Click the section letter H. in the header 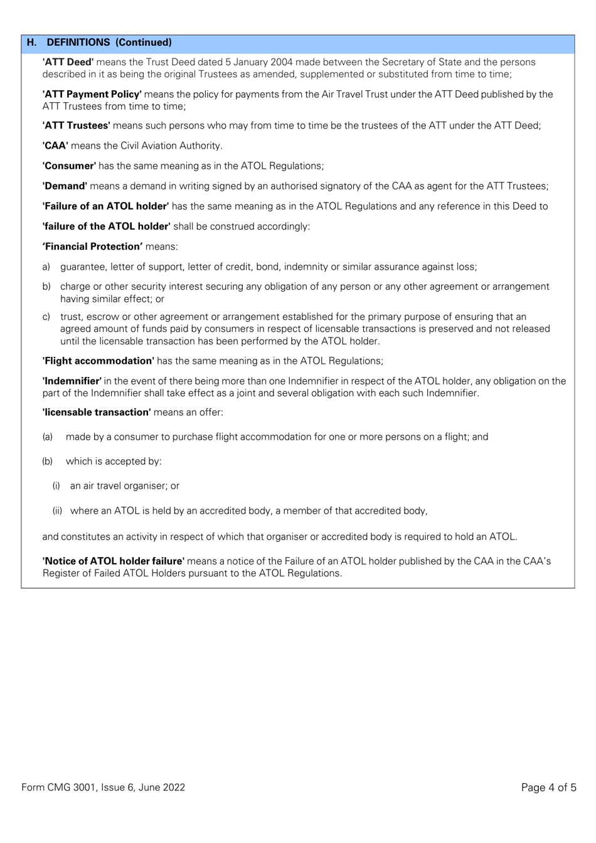(x=31, y=43)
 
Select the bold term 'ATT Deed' (x=68, y=62)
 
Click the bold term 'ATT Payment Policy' (x=92, y=94)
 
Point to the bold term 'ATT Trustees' (x=76, y=125)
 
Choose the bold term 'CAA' (x=55, y=146)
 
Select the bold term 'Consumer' (x=69, y=166)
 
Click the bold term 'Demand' (x=65, y=186)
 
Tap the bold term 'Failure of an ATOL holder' (x=105, y=206)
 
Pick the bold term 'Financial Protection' (x=92, y=247)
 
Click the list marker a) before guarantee (x=46, y=267)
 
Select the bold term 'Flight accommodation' (x=98, y=361)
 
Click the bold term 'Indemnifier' (x=72, y=381)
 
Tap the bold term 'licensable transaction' (x=97, y=412)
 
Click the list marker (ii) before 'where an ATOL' (x=57, y=511)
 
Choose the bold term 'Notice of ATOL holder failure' (x=114, y=561)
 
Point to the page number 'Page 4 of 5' (x=548, y=787)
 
